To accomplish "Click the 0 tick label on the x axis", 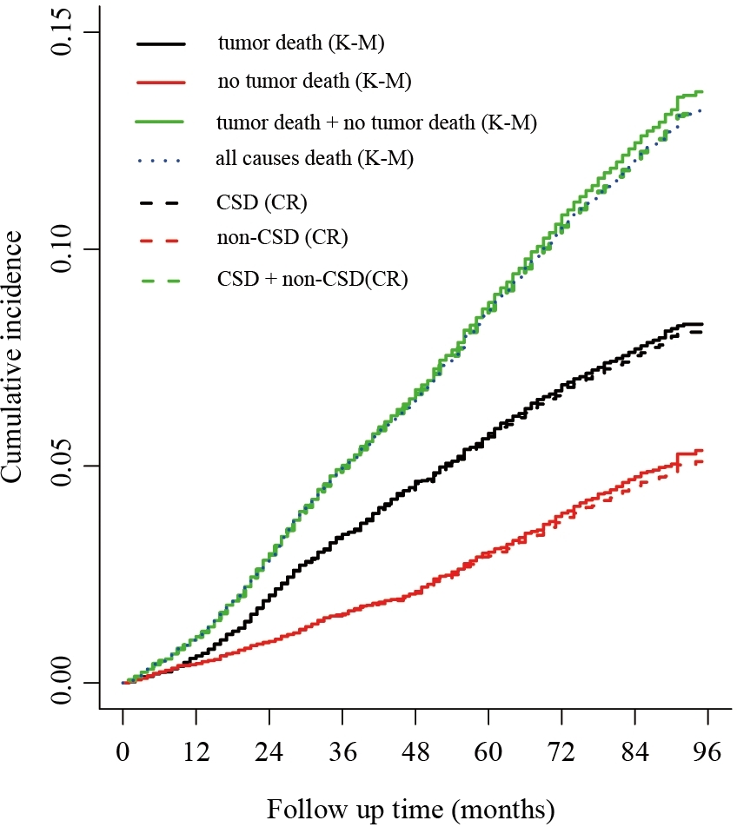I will pyautogui.click(x=123, y=754).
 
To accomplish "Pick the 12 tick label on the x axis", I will pyautogui.click(x=196, y=754).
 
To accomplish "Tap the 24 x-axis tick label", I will pyautogui.click(x=269, y=754).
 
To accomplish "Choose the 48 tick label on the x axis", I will pyautogui.click(x=415, y=754).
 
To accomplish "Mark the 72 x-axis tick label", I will pyautogui.click(x=561, y=754).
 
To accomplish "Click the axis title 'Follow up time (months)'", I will pyautogui.click(x=409, y=810).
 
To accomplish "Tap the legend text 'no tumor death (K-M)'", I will pyautogui.click(x=314, y=83).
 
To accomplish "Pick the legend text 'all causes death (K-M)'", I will pyautogui.click(x=314, y=160).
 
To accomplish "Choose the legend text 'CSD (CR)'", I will pyautogui.click(x=262, y=203).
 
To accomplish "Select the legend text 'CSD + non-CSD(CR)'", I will pyautogui.click(x=312, y=280).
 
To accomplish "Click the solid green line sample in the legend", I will pyautogui.click(x=160, y=122).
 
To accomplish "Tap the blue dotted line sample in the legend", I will pyautogui.click(x=160, y=161).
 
